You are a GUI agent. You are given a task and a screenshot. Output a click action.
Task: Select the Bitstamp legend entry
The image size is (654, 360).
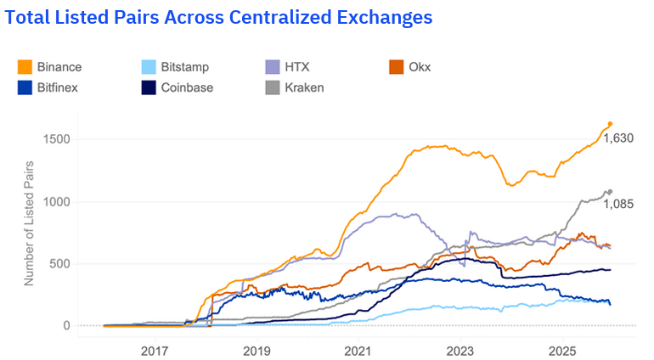[x=174, y=66]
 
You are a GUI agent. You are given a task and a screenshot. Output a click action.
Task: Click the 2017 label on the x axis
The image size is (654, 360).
[x=154, y=351]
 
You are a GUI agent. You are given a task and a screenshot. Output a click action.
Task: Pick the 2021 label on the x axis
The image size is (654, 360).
[x=358, y=351]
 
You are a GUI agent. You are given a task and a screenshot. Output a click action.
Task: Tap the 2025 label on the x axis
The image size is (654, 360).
[x=561, y=351]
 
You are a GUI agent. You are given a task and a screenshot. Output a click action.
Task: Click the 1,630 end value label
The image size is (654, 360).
[x=618, y=138]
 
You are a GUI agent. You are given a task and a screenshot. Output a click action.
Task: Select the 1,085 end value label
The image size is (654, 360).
[x=618, y=205]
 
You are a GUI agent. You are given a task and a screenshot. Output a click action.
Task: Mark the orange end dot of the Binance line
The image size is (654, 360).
[x=610, y=124]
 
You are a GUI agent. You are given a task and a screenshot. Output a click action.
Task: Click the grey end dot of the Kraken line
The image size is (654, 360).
[x=609, y=192]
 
